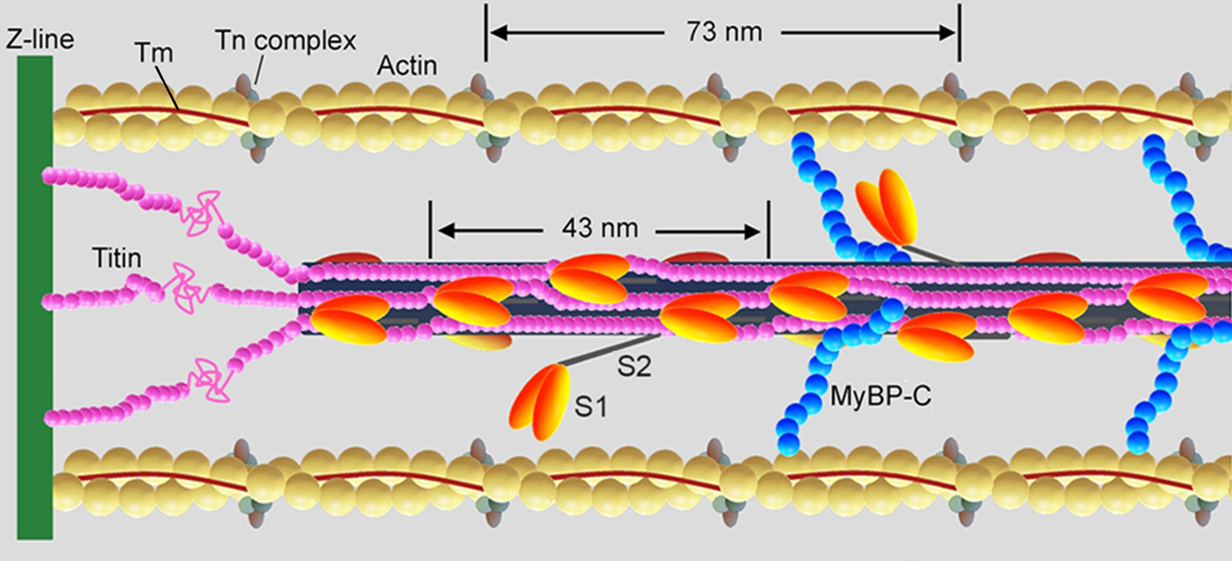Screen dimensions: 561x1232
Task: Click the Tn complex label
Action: [x=287, y=40]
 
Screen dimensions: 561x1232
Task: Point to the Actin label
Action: [x=407, y=65]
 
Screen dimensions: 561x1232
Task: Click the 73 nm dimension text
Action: [x=724, y=33]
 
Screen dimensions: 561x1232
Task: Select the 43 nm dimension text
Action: [x=600, y=227]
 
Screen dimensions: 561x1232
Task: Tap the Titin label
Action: [x=117, y=259]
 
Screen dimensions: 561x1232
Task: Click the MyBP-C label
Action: [x=881, y=397]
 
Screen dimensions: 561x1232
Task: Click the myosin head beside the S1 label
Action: [x=539, y=401]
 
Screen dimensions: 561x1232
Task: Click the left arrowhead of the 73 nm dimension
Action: [x=496, y=33]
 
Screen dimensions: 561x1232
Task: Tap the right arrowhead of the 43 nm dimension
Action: [x=758, y=228]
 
